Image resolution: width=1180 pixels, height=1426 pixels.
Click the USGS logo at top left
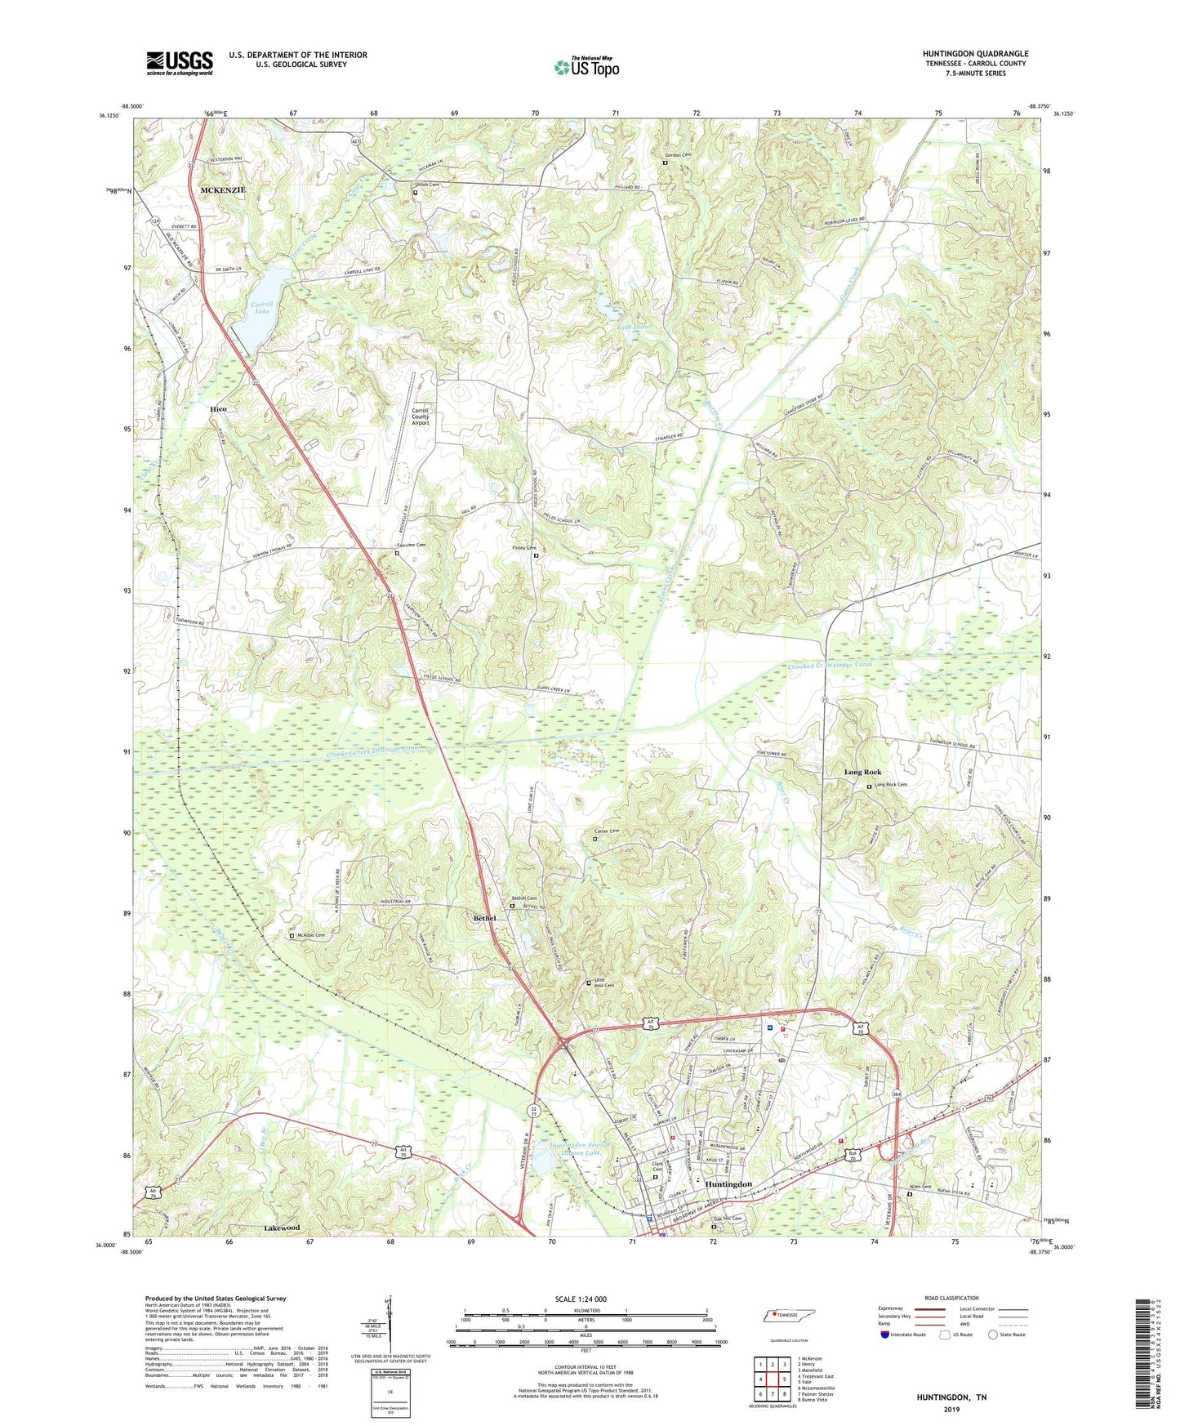pos(180,63)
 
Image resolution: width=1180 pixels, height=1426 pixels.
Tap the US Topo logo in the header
pos(586,66)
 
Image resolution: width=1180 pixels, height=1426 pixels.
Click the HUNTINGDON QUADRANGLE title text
pos(975,54)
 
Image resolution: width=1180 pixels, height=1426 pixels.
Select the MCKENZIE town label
pos(223,189)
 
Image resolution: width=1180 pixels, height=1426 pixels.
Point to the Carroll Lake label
pos(260,307)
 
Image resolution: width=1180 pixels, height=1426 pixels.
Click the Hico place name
pos(218,408)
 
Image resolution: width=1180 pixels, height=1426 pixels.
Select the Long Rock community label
pos(862,772)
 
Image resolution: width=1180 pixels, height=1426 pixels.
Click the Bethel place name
pos(485,918)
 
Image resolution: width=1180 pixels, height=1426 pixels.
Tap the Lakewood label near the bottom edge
pos(282,1228)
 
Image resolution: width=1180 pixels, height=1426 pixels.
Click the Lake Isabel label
pos(634,327)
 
